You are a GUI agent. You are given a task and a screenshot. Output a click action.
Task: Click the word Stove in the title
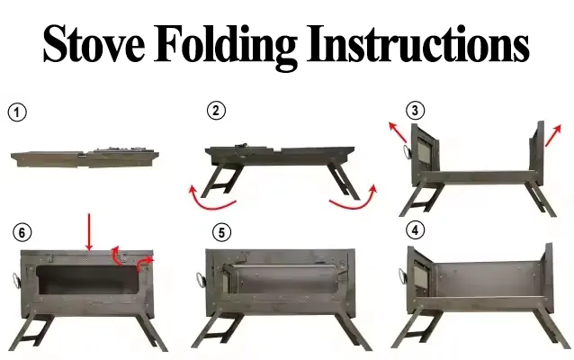[94, 43]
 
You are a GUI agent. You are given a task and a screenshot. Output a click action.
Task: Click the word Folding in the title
[226, 47]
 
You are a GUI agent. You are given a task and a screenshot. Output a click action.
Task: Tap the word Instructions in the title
[417, 43]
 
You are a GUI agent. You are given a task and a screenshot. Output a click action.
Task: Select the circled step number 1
[17, 112]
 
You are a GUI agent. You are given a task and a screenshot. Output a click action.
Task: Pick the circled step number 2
[216, 110]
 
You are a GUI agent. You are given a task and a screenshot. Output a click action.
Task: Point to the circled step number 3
[415, 110]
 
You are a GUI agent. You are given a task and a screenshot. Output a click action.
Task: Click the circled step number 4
[415, 230]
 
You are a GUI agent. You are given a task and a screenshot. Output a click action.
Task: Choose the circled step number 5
[222, 232]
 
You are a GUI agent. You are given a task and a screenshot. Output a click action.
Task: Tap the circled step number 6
[22, 232]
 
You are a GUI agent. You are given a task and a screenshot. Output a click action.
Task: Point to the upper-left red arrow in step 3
[398, 132]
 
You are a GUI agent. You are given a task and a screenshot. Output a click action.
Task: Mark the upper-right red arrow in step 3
[553, 136]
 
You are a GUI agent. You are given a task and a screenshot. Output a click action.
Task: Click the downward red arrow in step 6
[89, 232]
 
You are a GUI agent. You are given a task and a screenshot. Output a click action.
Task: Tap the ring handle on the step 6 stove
[15, 281]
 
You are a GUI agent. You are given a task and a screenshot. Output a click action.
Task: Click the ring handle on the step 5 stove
[201, 281]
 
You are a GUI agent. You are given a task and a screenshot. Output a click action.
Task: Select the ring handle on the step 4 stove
[402, 277]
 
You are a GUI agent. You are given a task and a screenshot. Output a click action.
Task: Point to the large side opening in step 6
[88, 281]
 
